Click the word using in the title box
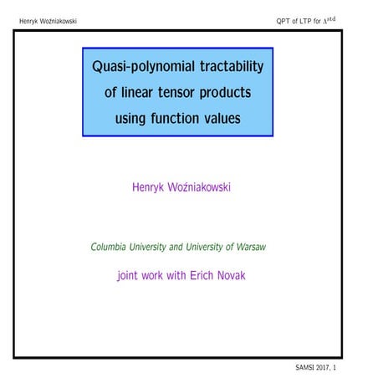[138, 120]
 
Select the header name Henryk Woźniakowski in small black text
[48, 20]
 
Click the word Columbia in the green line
[113, 248]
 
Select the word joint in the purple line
[131, 275]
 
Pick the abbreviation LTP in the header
[314, 20]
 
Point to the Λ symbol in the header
[340, 20]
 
